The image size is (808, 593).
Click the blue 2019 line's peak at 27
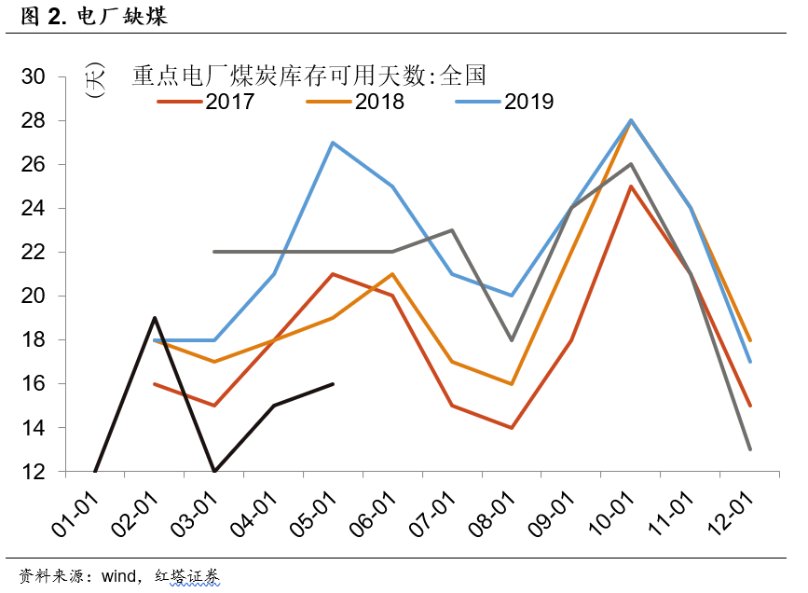(333, 143)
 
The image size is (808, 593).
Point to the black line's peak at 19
(155, 318)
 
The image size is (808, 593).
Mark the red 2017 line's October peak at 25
(631, 186)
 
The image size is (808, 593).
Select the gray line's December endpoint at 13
(750, 449)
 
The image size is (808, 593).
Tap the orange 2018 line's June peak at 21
(392, 274)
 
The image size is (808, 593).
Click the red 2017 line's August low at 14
(512, 428)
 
